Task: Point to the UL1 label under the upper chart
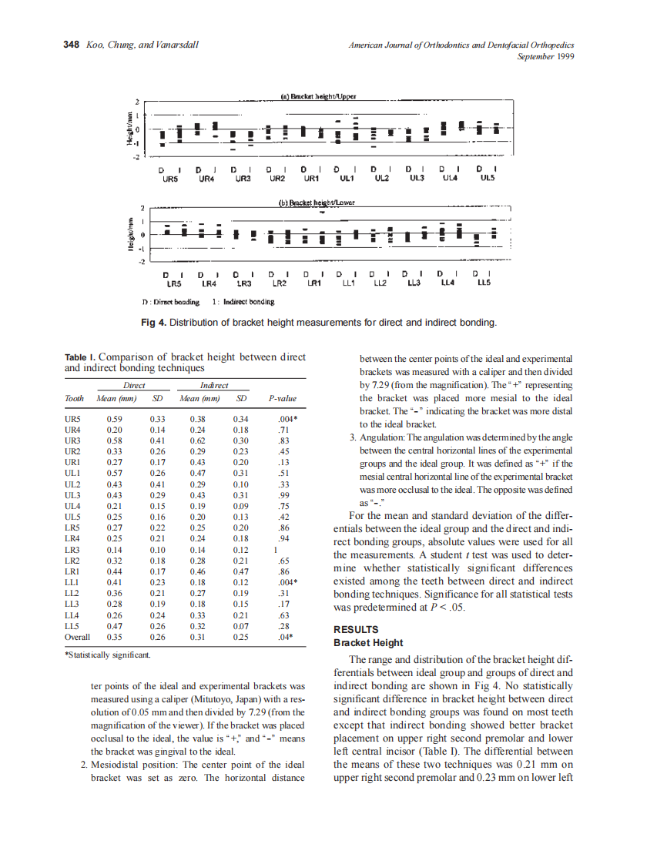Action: (x=346, y=178)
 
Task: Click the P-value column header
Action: (x=282, y=398)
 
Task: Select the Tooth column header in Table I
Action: (x=75, y=398)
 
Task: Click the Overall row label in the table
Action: (x=77, y=637)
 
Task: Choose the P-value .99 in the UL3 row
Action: (x=283, y=494)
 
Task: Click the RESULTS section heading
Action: (x=356, y=629)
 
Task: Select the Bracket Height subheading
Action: (x=368, y=642)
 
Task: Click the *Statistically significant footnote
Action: (x=107, y=655)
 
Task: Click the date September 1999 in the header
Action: (x=545, y=56)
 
